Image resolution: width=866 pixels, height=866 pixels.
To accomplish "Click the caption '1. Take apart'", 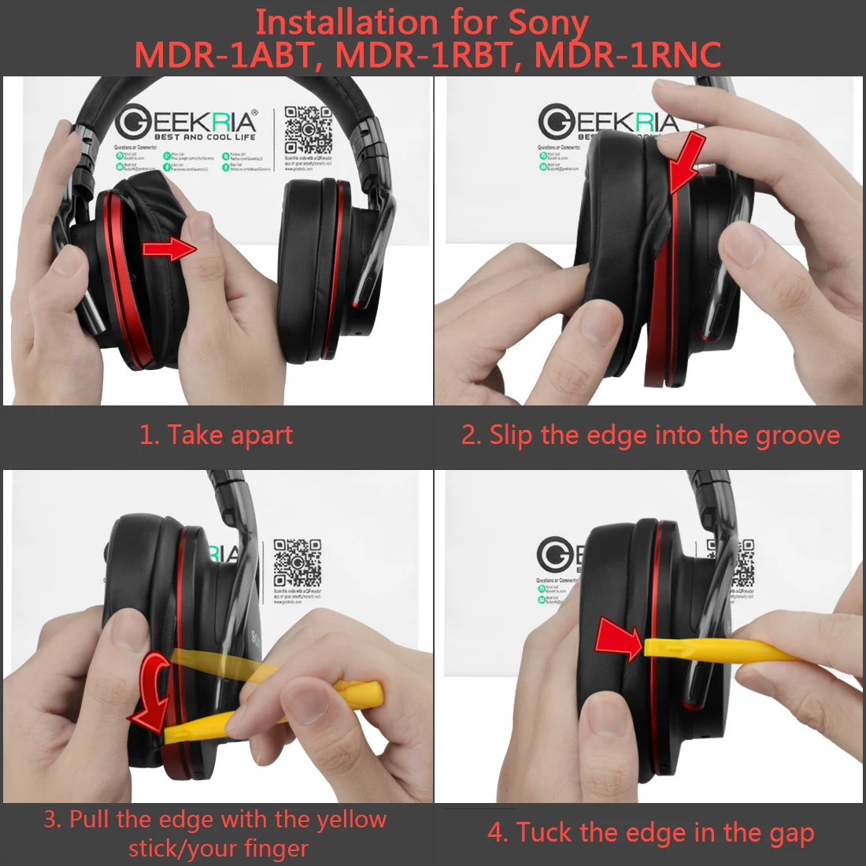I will point(216,435).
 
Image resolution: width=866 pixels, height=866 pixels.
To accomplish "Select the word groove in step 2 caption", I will point(798,435).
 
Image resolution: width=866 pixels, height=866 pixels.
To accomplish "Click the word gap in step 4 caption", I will point(790,833).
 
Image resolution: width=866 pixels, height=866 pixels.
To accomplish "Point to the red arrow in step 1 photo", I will point(168,250).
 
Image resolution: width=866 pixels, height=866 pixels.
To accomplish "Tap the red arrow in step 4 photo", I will point(619,638).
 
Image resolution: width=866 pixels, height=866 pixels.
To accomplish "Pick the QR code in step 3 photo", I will point(297,562).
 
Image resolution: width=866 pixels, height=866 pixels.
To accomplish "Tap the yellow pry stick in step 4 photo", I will point(724,649).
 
